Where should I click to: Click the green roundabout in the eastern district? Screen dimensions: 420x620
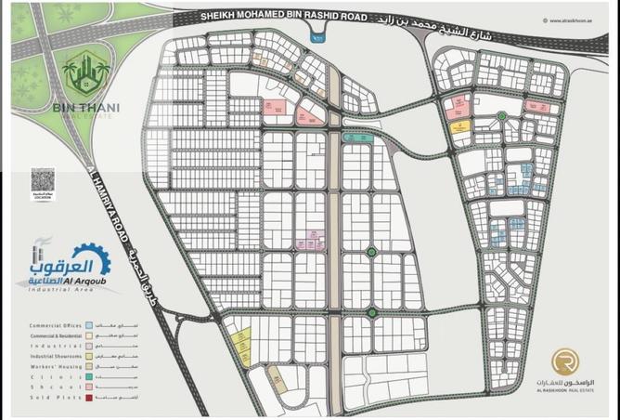501,115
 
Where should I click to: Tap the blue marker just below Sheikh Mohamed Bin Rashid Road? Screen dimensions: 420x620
320,37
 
